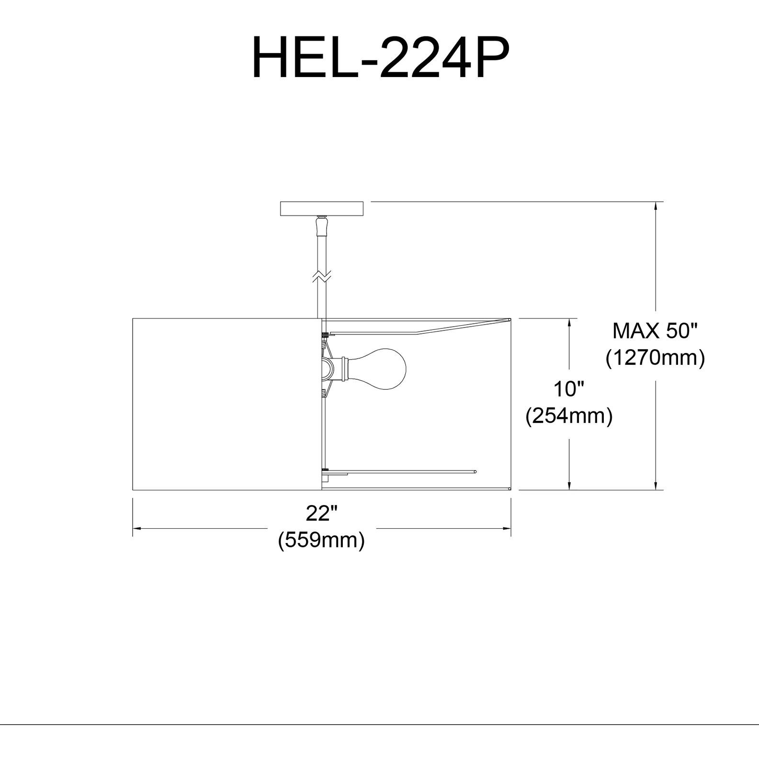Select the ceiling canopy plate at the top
[x=321, y=209]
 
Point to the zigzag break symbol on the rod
[x=321, y=276]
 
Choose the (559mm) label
[x=321, y=540]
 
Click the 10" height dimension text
[x=569, y=389]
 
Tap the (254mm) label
[x=569, y=416]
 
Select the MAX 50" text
[x=655, y=331]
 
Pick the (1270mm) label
[x=655, y=358]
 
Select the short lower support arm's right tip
[x=475, y=472]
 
